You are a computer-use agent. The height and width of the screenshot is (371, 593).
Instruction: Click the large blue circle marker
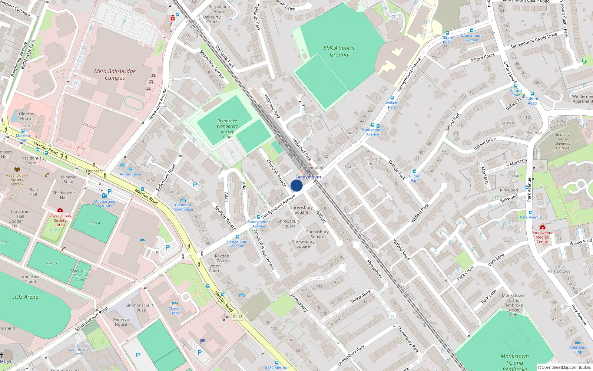coord(296,185)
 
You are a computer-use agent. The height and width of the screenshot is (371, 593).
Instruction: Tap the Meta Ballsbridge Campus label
coord(115,75)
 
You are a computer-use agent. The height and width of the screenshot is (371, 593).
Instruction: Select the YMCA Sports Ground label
coord(339,51)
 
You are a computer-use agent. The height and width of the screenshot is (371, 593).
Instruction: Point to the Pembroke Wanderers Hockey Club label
coord(227,129)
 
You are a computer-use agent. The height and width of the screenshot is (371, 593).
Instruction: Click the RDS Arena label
coord(26,297)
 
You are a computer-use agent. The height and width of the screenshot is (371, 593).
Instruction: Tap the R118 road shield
coord(238,317)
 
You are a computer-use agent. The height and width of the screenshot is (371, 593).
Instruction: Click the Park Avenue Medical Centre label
coord(542,237)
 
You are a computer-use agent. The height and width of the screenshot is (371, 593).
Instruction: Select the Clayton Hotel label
coord(175,311)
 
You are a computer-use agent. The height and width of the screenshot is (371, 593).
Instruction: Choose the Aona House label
coord(130,174)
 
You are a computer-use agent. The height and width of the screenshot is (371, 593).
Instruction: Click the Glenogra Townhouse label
coord(183,207)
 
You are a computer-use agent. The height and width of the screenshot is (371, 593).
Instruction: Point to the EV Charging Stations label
coord(105,204)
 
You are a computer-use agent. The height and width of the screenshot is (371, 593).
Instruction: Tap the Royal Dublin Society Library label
coord(17,180)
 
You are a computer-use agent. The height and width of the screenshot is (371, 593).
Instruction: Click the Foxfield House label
coord(374,161)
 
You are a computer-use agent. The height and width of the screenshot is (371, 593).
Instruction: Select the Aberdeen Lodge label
coord(577,349)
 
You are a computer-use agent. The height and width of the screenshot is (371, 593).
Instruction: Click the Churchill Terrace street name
coord(276,173)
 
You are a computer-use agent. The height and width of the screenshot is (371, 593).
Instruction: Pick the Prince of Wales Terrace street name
coord(264,249)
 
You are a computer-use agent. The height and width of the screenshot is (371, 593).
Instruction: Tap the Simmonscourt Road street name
coord(91,319)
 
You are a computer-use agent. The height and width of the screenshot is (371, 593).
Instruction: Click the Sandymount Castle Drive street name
coord(534,41)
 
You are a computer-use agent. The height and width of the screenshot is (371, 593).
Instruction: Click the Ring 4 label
coord(95,223)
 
